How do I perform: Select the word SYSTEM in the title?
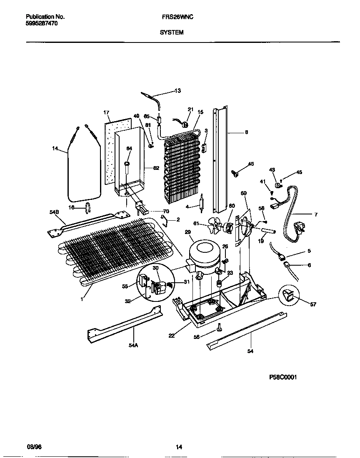[171, 32]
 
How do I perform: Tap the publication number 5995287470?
[42, 24]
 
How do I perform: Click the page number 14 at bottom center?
[179, 447]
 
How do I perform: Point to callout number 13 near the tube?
[177, 91]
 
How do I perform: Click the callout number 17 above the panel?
[106, 112]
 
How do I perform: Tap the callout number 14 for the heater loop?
[55, 148]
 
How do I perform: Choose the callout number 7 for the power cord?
[315, 214]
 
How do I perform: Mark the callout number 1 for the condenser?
[82, 299]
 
